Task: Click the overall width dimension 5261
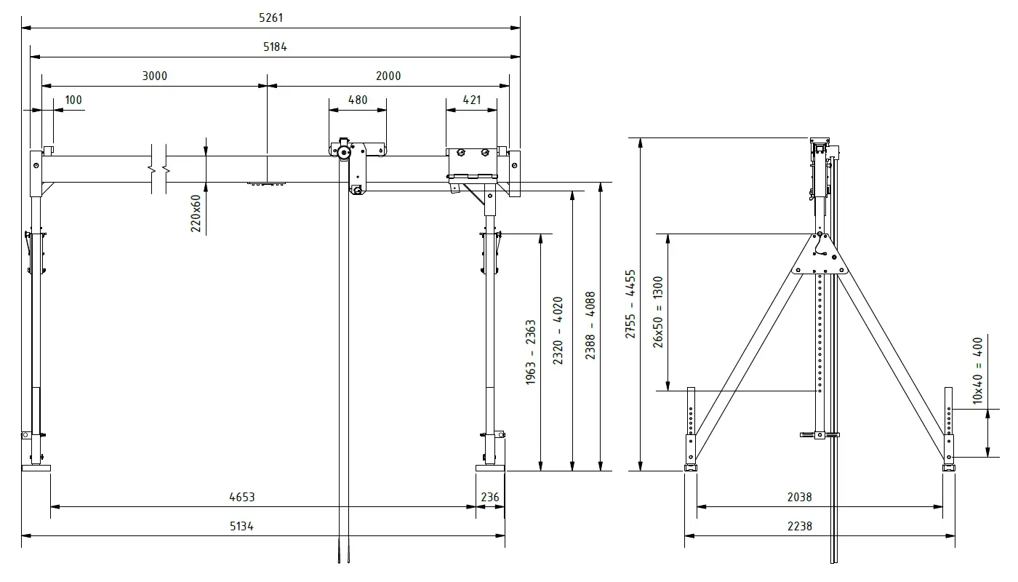(x=270, y=17)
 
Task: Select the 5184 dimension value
(x=276, y=47)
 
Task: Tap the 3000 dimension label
(x=154, y=76)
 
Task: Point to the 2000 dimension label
(x=388, y=76)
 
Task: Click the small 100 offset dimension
(x=73, y=100)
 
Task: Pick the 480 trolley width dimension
(x=358, y=100)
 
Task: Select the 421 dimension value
(x=472, y=100)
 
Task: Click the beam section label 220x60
(x=196, y=213)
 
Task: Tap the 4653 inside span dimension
(x=242, y=498)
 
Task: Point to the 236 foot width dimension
(x=491, y=498)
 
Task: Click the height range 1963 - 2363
(x=531, y=353)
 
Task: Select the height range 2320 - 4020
(x=558, y=331)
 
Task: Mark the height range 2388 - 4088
(x=590, y=326)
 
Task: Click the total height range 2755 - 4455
(x=630, y=304)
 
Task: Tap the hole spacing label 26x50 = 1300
(x=658, y=311)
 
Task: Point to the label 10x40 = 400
(x=977, y=370)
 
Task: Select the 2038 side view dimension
(x=799, y=498)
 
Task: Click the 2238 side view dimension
(x=799, y=526)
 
